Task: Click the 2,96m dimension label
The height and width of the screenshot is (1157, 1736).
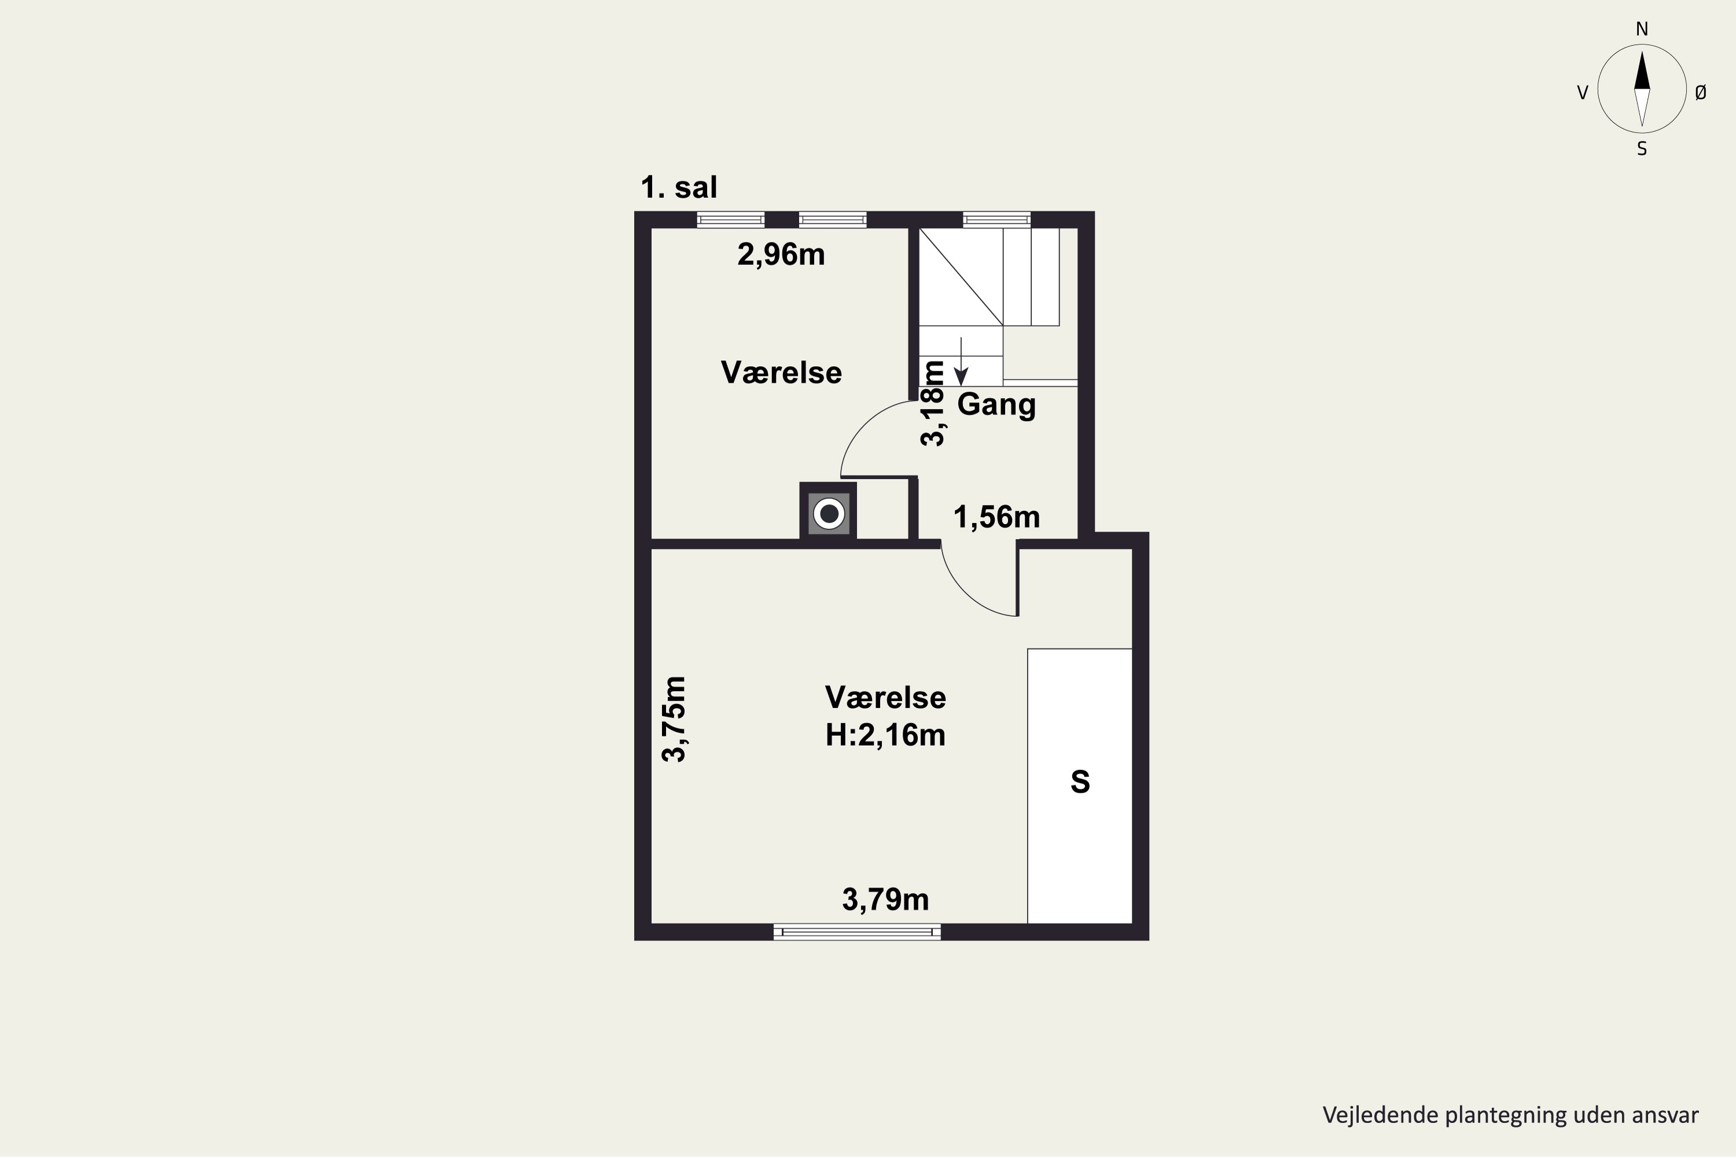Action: (781, 255)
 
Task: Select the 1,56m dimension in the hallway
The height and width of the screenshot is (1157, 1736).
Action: (996, 517)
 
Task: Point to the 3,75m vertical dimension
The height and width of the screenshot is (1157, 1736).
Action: (674, 718)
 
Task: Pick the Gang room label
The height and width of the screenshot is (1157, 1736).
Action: (996, 405)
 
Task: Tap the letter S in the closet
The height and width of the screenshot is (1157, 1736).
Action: (1080, 782)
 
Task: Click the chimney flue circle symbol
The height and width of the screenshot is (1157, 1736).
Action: (829, 513)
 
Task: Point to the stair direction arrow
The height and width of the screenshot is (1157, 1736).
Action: (961, 362)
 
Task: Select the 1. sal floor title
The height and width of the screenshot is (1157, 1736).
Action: (679, 187)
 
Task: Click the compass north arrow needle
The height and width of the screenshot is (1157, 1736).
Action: (1642, 71)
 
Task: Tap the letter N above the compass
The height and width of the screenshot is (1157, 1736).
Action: (1642, 29)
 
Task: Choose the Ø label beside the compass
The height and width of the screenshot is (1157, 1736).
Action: (1701, 92)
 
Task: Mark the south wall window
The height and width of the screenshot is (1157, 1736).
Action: (857, 932)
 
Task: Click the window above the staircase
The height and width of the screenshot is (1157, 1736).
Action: (996, 219)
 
